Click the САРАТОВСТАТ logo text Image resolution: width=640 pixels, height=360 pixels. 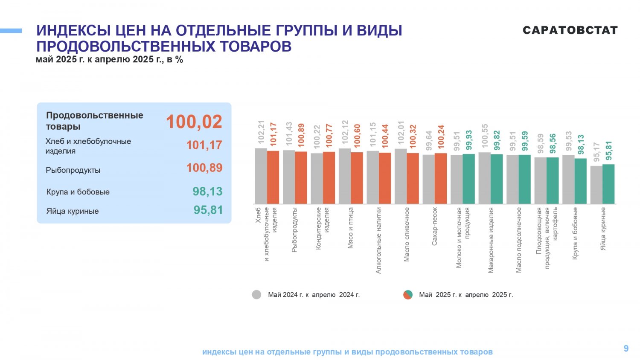click(570, 30)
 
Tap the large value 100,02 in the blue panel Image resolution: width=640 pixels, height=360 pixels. click(194, 122)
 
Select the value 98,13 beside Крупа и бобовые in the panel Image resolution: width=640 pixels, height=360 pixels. click(207, 192)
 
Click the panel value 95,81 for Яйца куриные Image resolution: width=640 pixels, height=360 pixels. click(208, 210)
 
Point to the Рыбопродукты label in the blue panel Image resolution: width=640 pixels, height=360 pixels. click(73, 170)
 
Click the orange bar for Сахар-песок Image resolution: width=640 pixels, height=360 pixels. click(441, 179)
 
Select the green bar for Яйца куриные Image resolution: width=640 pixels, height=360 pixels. click(608, 184)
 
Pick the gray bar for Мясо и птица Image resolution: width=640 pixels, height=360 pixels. click(345, 176)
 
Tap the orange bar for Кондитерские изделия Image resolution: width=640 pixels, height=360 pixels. click(329, 178)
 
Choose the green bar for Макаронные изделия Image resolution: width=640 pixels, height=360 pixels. click(497, 179)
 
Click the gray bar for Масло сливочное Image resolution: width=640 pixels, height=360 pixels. click(401, 176)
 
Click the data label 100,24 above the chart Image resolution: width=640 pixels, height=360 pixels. click(441, 137)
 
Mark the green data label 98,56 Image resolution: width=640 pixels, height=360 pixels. click(553, 143)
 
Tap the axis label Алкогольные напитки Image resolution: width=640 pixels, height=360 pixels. click(378, 241)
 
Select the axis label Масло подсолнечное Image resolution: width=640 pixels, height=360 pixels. click(518, 240)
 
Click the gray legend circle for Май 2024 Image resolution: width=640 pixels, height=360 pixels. click(256, 295)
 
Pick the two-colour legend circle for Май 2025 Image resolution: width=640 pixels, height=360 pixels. click(408, 295)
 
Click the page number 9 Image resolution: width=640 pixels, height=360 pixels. click(626, 348)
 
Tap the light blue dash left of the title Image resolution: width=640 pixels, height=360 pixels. click(11, 31)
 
